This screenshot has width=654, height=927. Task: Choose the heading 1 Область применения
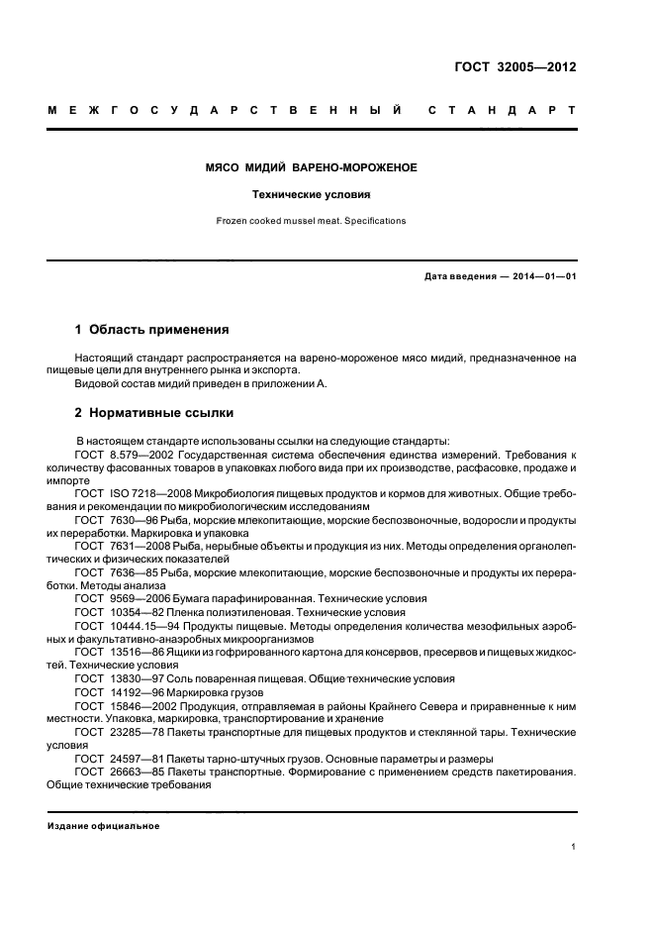(x=152, y=328)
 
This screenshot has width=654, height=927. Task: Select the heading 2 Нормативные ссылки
(x=154, y=412)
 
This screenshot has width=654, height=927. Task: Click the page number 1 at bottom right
(x=573, y=847)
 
